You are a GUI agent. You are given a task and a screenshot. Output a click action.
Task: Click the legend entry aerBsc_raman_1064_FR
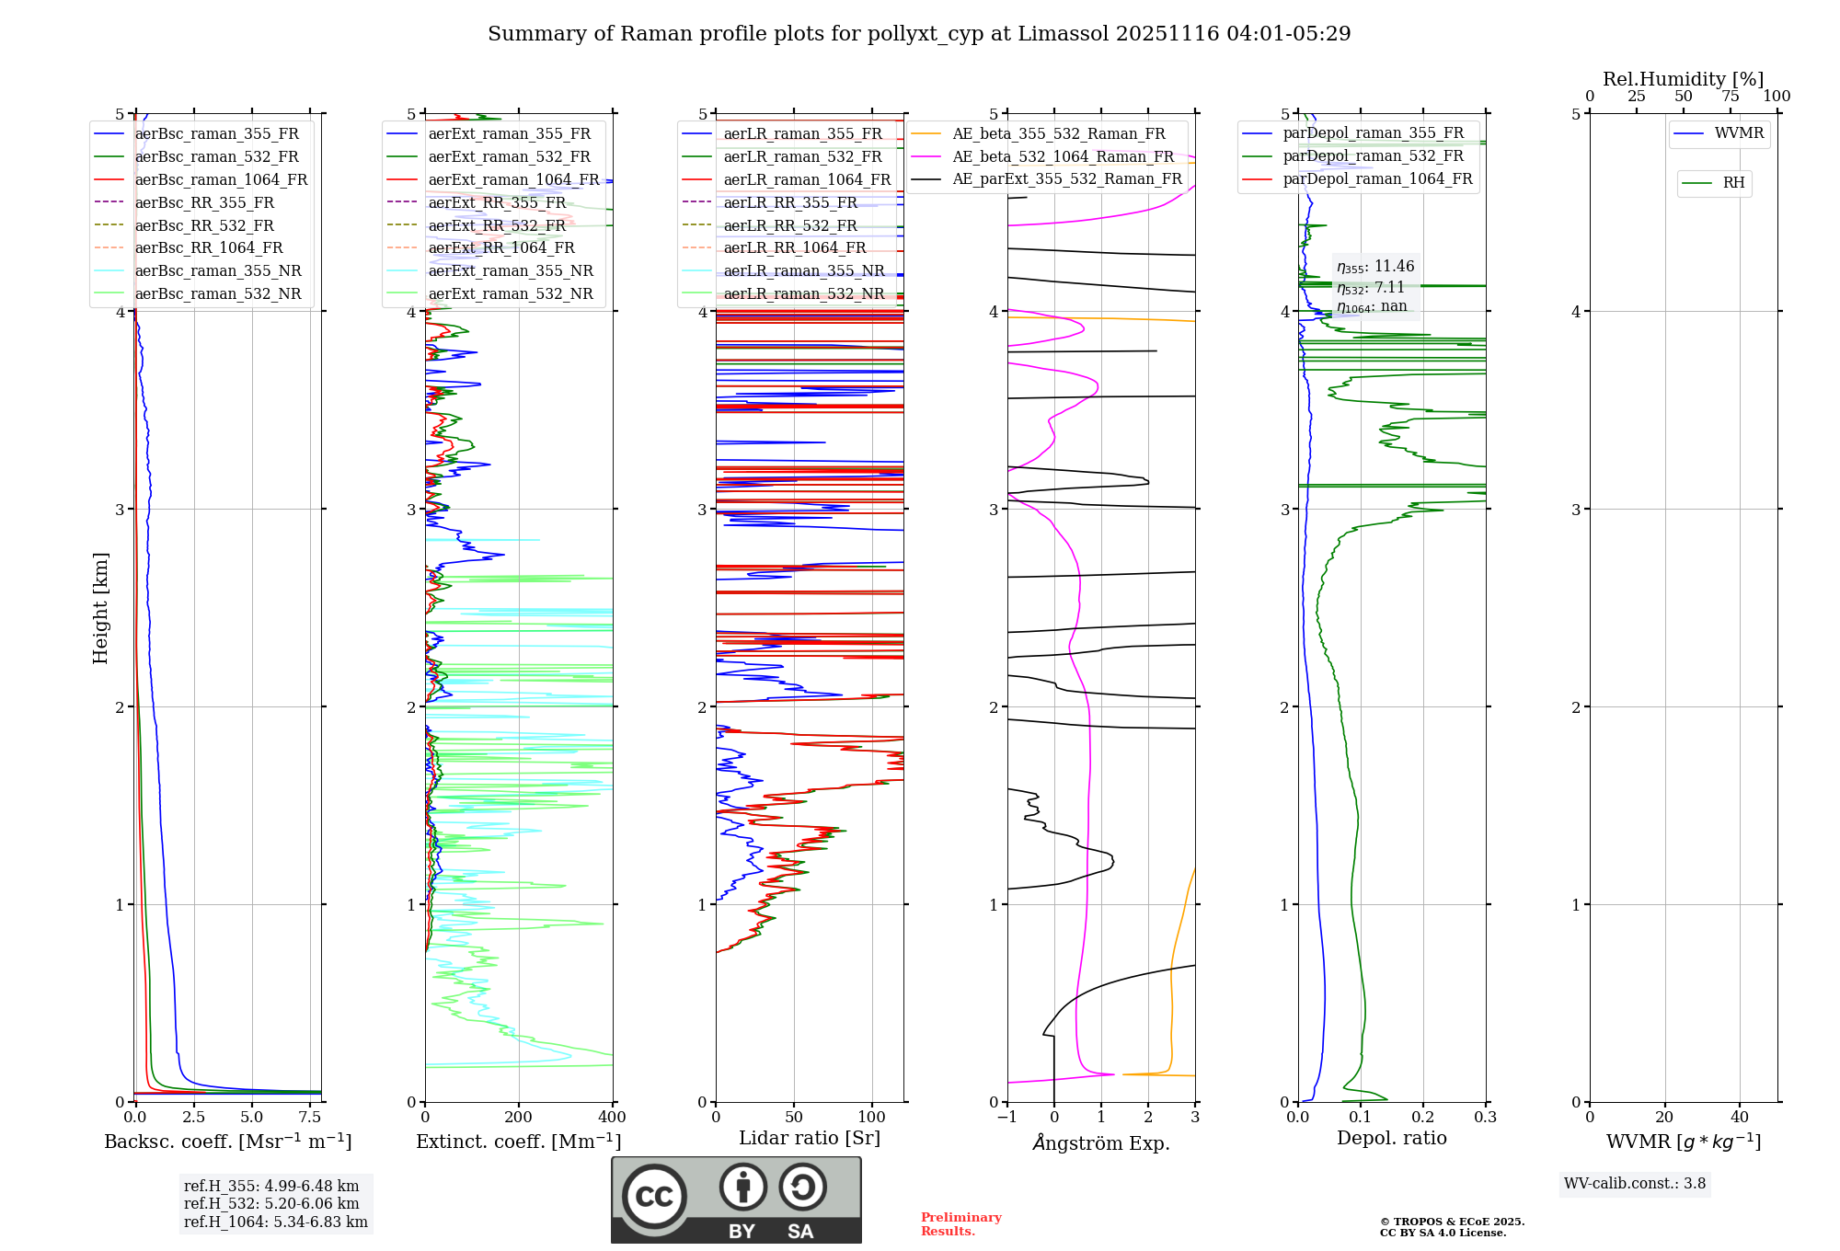tap(221, 179)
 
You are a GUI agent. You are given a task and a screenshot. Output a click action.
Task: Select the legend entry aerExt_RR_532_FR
tap(497, 225)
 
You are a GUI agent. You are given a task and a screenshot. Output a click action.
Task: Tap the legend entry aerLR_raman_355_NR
tap(803, 270)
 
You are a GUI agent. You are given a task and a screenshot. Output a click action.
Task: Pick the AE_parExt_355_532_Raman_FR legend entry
tap(1066, 178)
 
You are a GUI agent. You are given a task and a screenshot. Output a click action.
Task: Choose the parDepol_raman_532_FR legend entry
tap(1373, 156)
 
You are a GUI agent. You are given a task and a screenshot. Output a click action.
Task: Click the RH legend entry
tap(1733, 183)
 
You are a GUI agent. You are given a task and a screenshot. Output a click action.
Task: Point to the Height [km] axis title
tap(100, 608)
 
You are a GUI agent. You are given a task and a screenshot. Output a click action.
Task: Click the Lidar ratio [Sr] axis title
tap(809, 1138)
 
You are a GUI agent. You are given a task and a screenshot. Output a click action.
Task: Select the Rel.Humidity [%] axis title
tap(1683, 79)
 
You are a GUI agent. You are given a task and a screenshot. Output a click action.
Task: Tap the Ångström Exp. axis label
tap(1101, 1142)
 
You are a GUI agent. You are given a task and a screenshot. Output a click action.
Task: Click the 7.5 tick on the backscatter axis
tap(310, 1118)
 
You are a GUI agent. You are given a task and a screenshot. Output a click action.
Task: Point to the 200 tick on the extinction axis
tap(519, 1118)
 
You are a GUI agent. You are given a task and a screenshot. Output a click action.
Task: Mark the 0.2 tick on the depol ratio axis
tap(1423, 1118)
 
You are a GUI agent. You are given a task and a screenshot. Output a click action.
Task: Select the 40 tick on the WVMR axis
tap(1739, 1118)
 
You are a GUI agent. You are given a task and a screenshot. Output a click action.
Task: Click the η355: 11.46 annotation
tap(1375, 267)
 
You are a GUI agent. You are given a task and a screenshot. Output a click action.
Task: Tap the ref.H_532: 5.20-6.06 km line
tap(271, 1203)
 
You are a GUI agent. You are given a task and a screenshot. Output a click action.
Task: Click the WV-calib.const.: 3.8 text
tap(1635, 1184)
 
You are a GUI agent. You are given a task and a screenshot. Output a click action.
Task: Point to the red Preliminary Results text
tap(960, 1224)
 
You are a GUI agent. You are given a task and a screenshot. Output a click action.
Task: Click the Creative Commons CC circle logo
tap(654, 1196)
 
